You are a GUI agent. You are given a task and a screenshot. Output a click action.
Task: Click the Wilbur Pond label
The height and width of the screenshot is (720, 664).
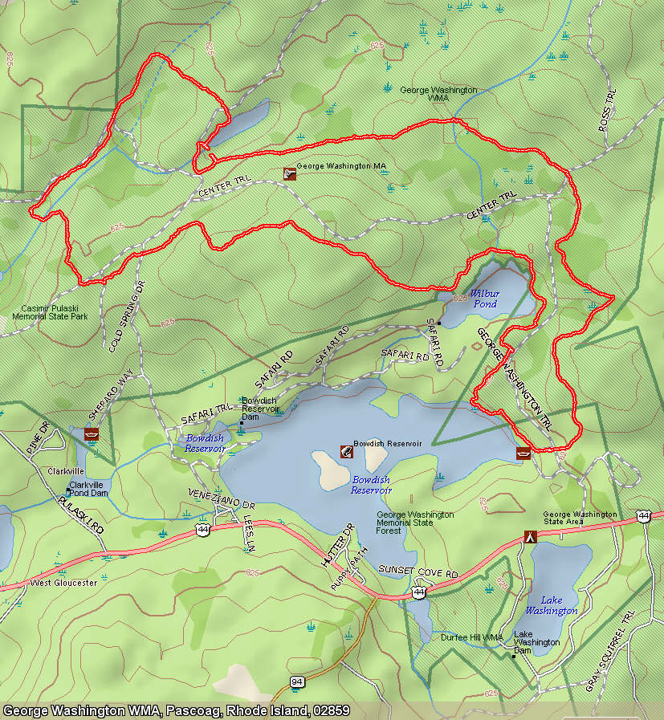484,299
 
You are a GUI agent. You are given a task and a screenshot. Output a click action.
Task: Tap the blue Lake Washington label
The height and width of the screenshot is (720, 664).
551,605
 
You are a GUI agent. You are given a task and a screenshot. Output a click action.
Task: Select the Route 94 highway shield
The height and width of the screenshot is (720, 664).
298,681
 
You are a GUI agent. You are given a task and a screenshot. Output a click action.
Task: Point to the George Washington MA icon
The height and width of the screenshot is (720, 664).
289,173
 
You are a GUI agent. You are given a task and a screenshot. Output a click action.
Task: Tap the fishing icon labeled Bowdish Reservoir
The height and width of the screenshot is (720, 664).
346,451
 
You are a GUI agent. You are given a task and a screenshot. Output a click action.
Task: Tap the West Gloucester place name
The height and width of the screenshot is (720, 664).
63,582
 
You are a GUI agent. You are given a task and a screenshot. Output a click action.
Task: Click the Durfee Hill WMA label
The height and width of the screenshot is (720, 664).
471,637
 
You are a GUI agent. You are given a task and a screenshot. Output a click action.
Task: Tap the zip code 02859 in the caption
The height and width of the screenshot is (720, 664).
330,711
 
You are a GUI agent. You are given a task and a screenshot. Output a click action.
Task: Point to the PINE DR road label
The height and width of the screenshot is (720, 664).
38,437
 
